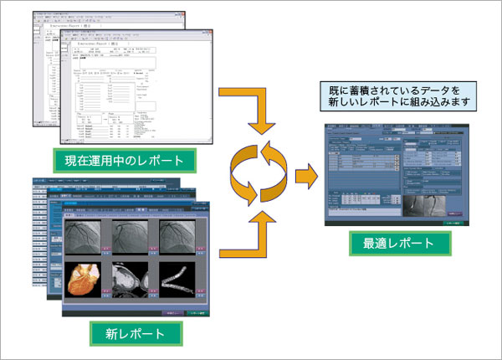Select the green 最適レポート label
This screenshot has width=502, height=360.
398,244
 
